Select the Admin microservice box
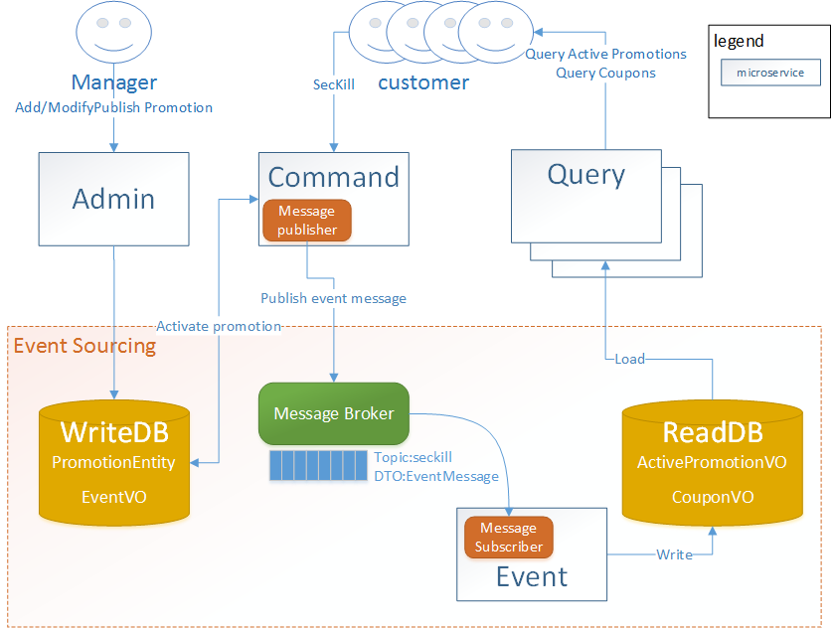pyautogui.click(x=113, y=199)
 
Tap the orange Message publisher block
pyautogui.click(x=307, y=221)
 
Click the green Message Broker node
pyautogui.click(x=333, y=413)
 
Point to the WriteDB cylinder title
pyautogui.click(x=114, y=432)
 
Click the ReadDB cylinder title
pyautogui.click(x=713, y=432)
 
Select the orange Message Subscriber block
pyautogui.click(x=508, y=538)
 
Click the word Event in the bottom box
pyautogui.click(x=532, y=576)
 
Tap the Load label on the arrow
pyautogui.click(x=629, y=359)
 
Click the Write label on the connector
pyautogui.click(x=674, y=554)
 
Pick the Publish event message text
pyautogui.click(x=333, y=298)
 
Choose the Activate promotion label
pyautogui.click(x=219, y=326)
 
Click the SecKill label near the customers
pyautogui.click(x=333, y=84)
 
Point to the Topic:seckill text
pyautogui.click(x=413, y=457)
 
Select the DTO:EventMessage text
pyautogui.click(x=435, y=476)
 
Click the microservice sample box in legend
pyautogui.click(x=770, y=73)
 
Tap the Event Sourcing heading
pyautogui.click(x=84, y=346)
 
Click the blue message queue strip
pyautogui.click(x=318, y=466)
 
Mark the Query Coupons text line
pyautogui.click(x=605, y=73)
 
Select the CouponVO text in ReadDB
pyautogui.click(x=713, y=497)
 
